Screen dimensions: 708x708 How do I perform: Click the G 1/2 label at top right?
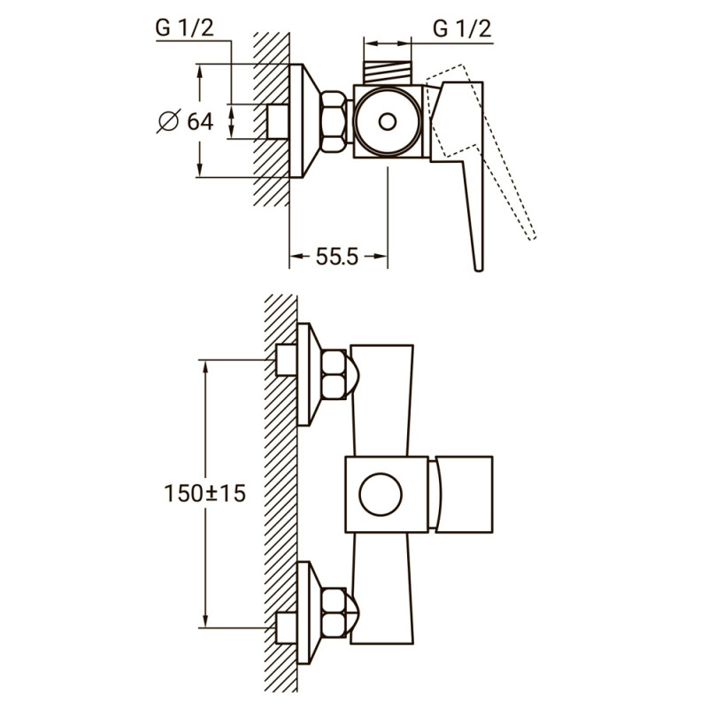tap(461, 28)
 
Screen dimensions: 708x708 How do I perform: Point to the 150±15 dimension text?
tap(204, 492)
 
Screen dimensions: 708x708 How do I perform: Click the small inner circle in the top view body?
tap(387, 121)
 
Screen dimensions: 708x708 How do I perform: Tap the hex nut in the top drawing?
tap(335, 122)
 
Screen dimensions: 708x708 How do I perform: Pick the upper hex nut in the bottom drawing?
tap(333, 373)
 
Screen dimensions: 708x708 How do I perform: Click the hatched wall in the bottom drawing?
tap(280, 496)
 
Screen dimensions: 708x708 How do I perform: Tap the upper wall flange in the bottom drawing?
tap(306, 373)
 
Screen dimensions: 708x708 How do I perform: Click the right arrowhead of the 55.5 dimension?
tap(382, 258)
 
